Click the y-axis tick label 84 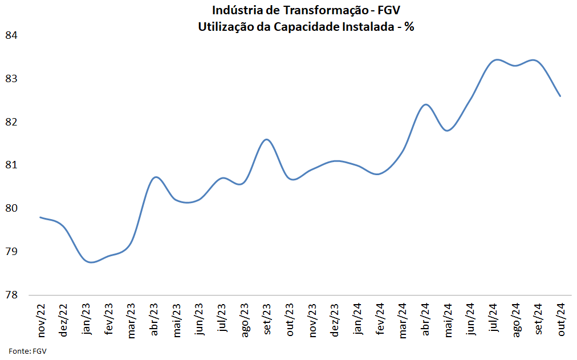tap(11, 35)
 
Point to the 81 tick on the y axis tap(11, 165)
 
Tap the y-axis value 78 tap(11, 295)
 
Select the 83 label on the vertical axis tap(11, 79)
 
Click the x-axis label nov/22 tap(41, 321)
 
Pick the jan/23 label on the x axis tap(86, 321)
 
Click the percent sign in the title tap(409, 26)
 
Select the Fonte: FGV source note tap(27, 351)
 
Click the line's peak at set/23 tap(266, 139)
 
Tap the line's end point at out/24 tap(560, 96)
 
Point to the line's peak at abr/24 tap(425, 104)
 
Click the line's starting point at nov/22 tap(40, 217)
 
